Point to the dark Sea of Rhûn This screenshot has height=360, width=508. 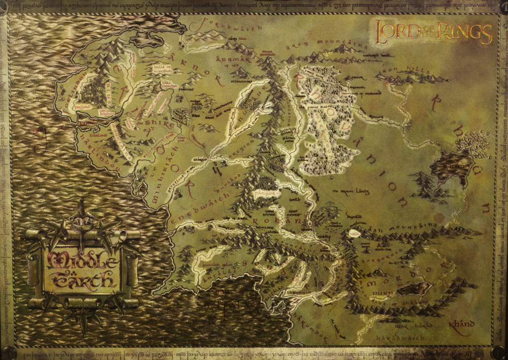[452, 168]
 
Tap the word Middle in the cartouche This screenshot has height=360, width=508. [83, 259]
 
